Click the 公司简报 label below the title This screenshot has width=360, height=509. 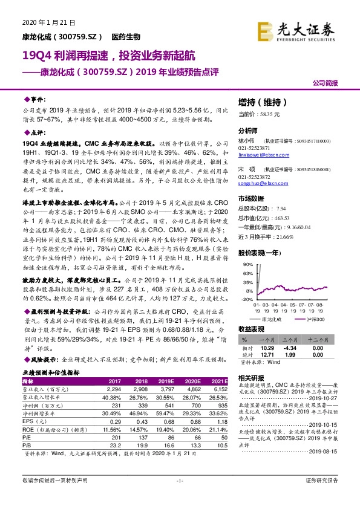(334, 83)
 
